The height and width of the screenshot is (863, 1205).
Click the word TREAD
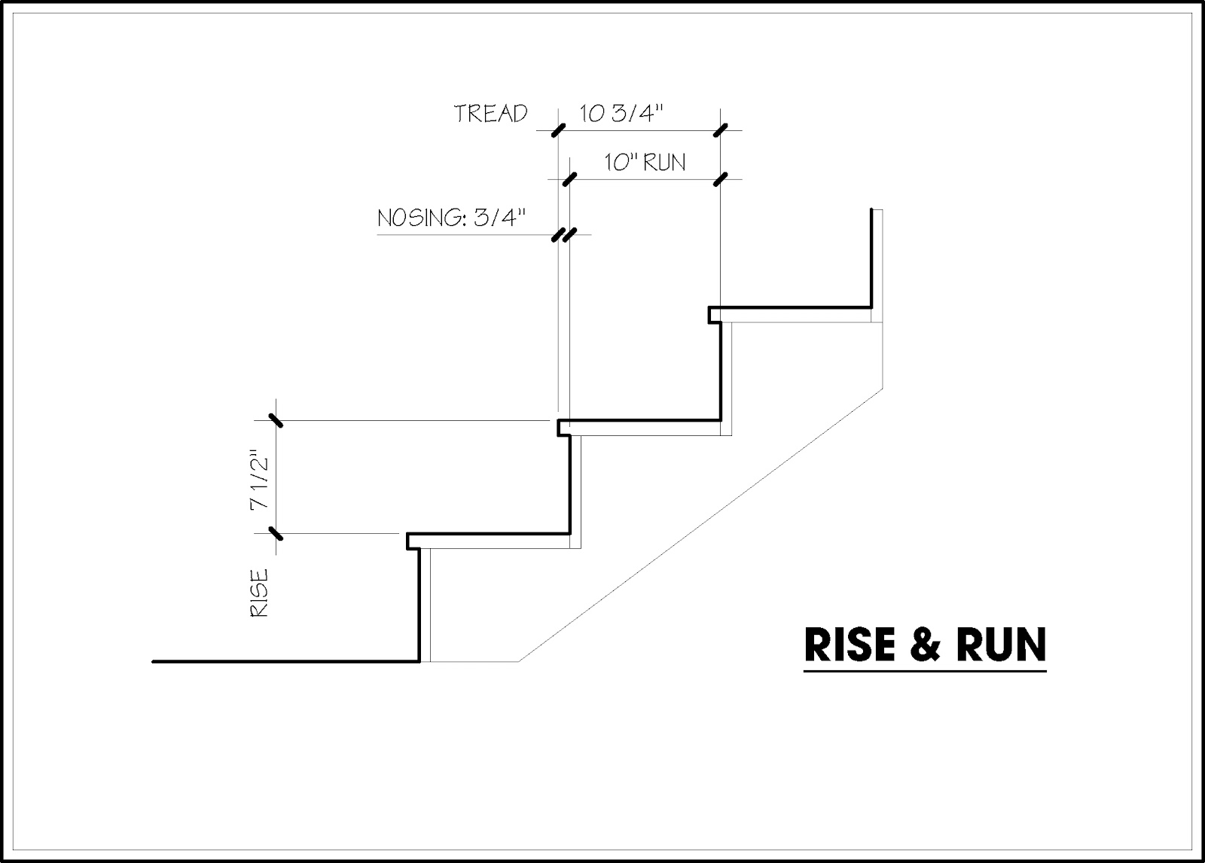coord(490,114)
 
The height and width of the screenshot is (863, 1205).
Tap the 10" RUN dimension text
coord(645,162)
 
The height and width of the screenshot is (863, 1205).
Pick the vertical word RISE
coord(258,594)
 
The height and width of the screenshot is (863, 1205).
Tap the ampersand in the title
coord(923,645)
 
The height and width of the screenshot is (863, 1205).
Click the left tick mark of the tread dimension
coord(557,130)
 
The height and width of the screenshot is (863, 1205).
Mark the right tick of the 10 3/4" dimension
coord(721,130)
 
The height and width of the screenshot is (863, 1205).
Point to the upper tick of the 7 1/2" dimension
coord(276,420)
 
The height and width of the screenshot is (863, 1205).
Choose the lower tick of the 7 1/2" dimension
coord(276,534)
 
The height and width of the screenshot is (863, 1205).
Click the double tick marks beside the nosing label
coord(563,235)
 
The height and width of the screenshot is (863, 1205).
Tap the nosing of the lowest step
coord(412,541)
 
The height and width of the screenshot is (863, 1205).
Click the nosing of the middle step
coord(563,428)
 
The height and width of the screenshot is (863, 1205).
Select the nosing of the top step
coord(713,314)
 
